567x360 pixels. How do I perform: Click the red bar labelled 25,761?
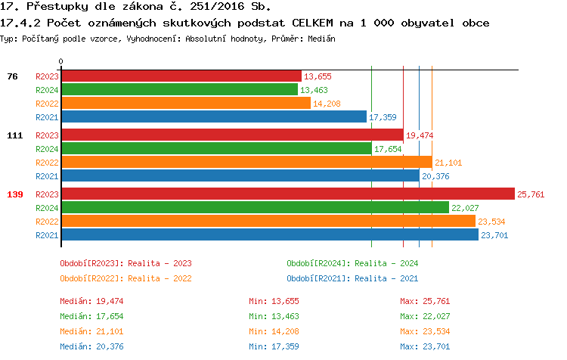tap(287, 194)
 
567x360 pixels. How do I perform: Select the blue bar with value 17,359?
tap(213, 117)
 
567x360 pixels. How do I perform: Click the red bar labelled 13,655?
tap(180, 76)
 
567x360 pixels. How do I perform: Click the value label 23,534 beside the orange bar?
tap(492, 222)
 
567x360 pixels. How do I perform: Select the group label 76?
tap(12, 76)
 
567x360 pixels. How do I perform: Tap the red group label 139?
tap(15, 194)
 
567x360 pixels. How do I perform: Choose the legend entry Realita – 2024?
tap(352, 263)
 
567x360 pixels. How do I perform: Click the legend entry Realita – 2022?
tap(125, 278)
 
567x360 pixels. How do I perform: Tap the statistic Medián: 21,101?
tap(87, 331)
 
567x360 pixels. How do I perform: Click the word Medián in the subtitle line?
tap(323, 38)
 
